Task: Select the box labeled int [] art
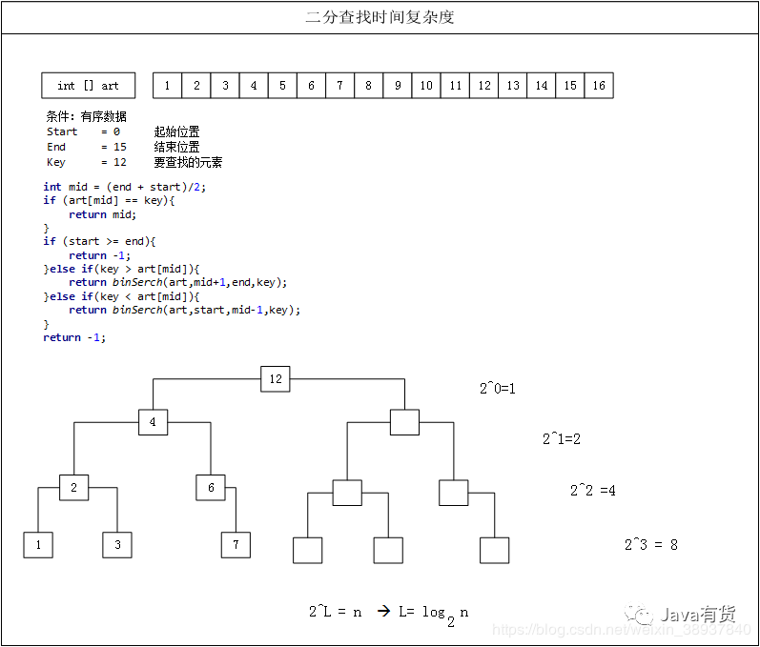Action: (x=88, y=86)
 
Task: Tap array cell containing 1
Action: (x=167, y=86)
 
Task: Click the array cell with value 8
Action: (x=368, y=86)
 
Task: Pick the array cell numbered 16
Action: (x=599, y=86)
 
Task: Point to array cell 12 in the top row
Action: (x=484, y=86)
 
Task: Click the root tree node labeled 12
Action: (x=276, y=378)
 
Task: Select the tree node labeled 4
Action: (x=153, y=422)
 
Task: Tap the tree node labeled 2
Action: (x=73, y=487)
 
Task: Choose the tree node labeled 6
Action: (x=211, y=487)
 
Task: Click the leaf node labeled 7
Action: (x=236, y=545)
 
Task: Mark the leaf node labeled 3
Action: (x=117, y=545)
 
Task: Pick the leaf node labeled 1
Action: (x=38, y=545)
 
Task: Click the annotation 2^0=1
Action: (x=497, y=389)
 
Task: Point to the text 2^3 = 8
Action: (x=651, y=545)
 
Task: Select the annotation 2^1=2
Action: (x=562, y=439)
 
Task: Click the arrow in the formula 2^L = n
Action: (x=382, y=611)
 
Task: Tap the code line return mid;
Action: (x=103, y=214)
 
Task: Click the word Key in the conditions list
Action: (x=56, y=163)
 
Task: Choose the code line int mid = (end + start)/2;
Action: (x=125, y=187)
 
